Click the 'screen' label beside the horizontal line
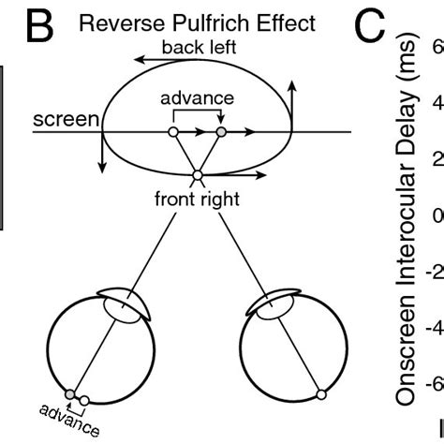(66, 120)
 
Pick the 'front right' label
(198, 199)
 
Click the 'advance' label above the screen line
(197, 97)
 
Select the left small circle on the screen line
(172, 132)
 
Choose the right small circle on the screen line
(221, 132)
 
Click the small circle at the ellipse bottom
(197, 176)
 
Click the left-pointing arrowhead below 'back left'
(139, 60)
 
